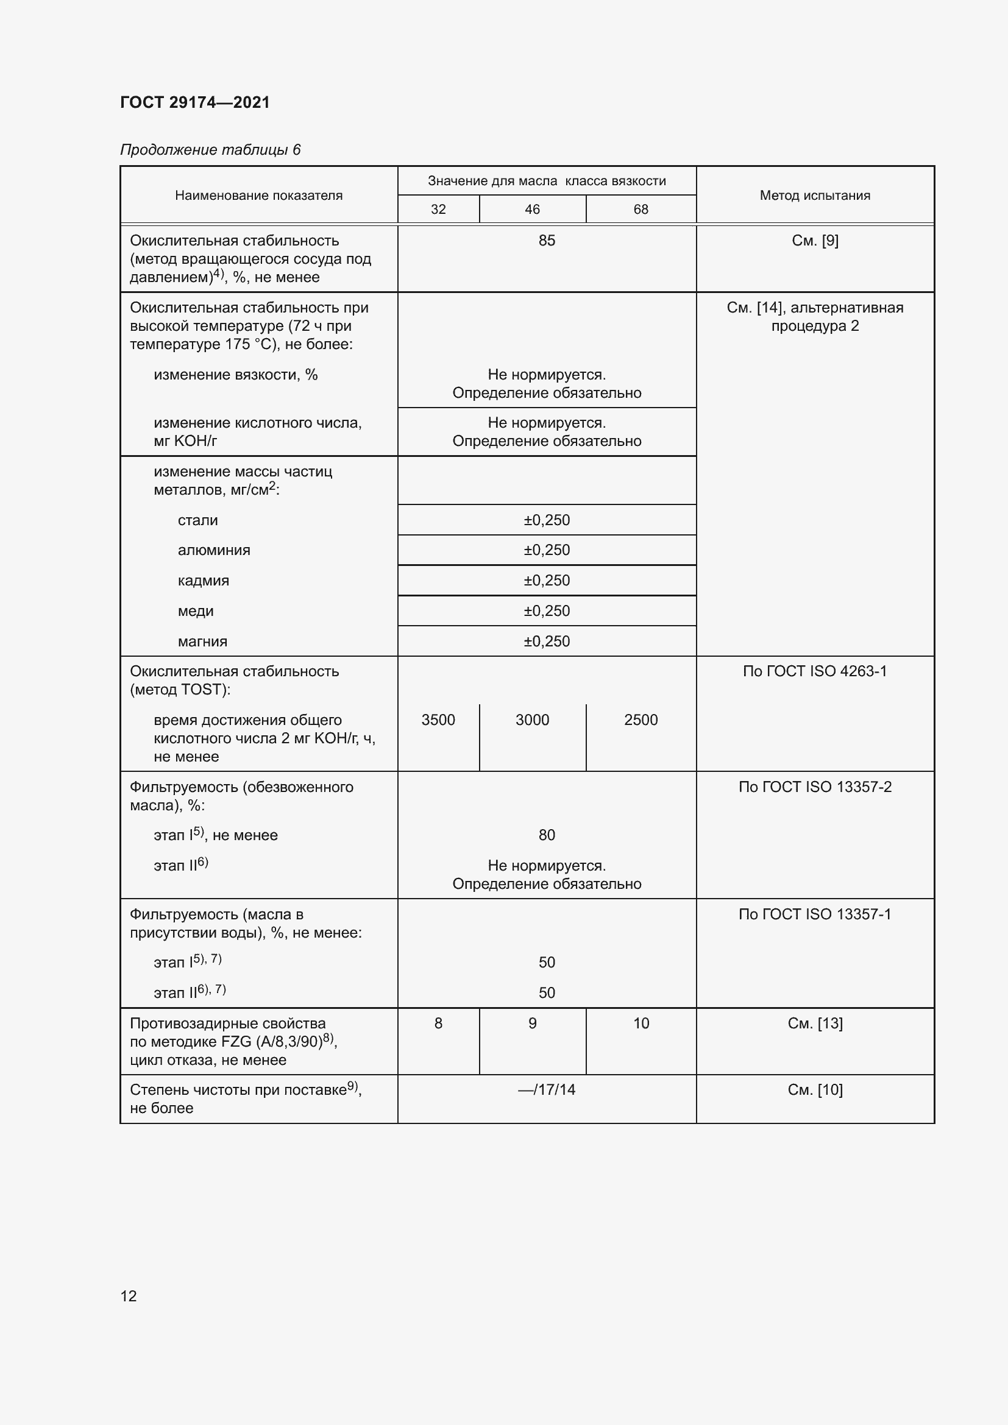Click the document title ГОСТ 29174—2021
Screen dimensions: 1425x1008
tap(195, 102)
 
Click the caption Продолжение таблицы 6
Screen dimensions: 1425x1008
tap(210, 150)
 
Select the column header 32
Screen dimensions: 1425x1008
tap(438, 209)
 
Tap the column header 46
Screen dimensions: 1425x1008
tap(532, 209)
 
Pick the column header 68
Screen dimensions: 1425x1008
tap(641, 209)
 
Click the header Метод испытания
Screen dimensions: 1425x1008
tap(814, 196)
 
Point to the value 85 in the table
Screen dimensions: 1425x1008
tap(546, 241)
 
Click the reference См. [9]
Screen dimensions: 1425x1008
tap(814, 241)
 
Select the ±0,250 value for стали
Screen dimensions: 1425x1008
tap(546, 520)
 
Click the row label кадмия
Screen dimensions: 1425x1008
tap(203, 581)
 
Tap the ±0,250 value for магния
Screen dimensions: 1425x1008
tap(546, 641)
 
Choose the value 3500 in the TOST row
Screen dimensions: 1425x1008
tap(438, 720)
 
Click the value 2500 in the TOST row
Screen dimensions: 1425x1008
tap(641, 720)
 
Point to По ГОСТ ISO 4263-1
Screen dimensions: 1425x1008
tap(814, 671)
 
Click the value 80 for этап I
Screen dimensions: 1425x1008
tap(546, 835)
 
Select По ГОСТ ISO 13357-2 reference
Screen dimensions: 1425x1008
tap(814, 787)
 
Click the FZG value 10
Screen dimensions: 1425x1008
tap(641, 1024)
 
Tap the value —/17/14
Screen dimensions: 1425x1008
tap(546, 1090)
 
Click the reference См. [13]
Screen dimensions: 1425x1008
tap(814, 1024)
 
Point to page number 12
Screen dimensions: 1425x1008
tap(129, 1296)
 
